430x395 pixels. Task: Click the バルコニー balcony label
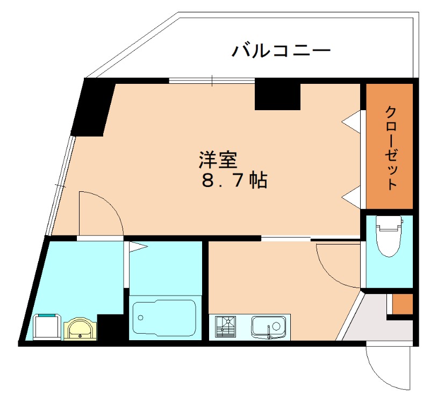click(x=281, y=52)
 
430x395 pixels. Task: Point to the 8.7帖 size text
click(x=235, y=181)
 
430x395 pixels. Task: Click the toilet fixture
click(x=389, y=236)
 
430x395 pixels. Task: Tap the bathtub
click(x=164, y=318)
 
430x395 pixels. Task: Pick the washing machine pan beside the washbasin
click(x=46, y=327)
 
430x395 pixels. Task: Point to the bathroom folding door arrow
click(x=138, y=247)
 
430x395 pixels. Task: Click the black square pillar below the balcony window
click(x=277, y=96)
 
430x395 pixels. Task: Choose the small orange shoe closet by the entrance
click(x=402, y=305)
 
